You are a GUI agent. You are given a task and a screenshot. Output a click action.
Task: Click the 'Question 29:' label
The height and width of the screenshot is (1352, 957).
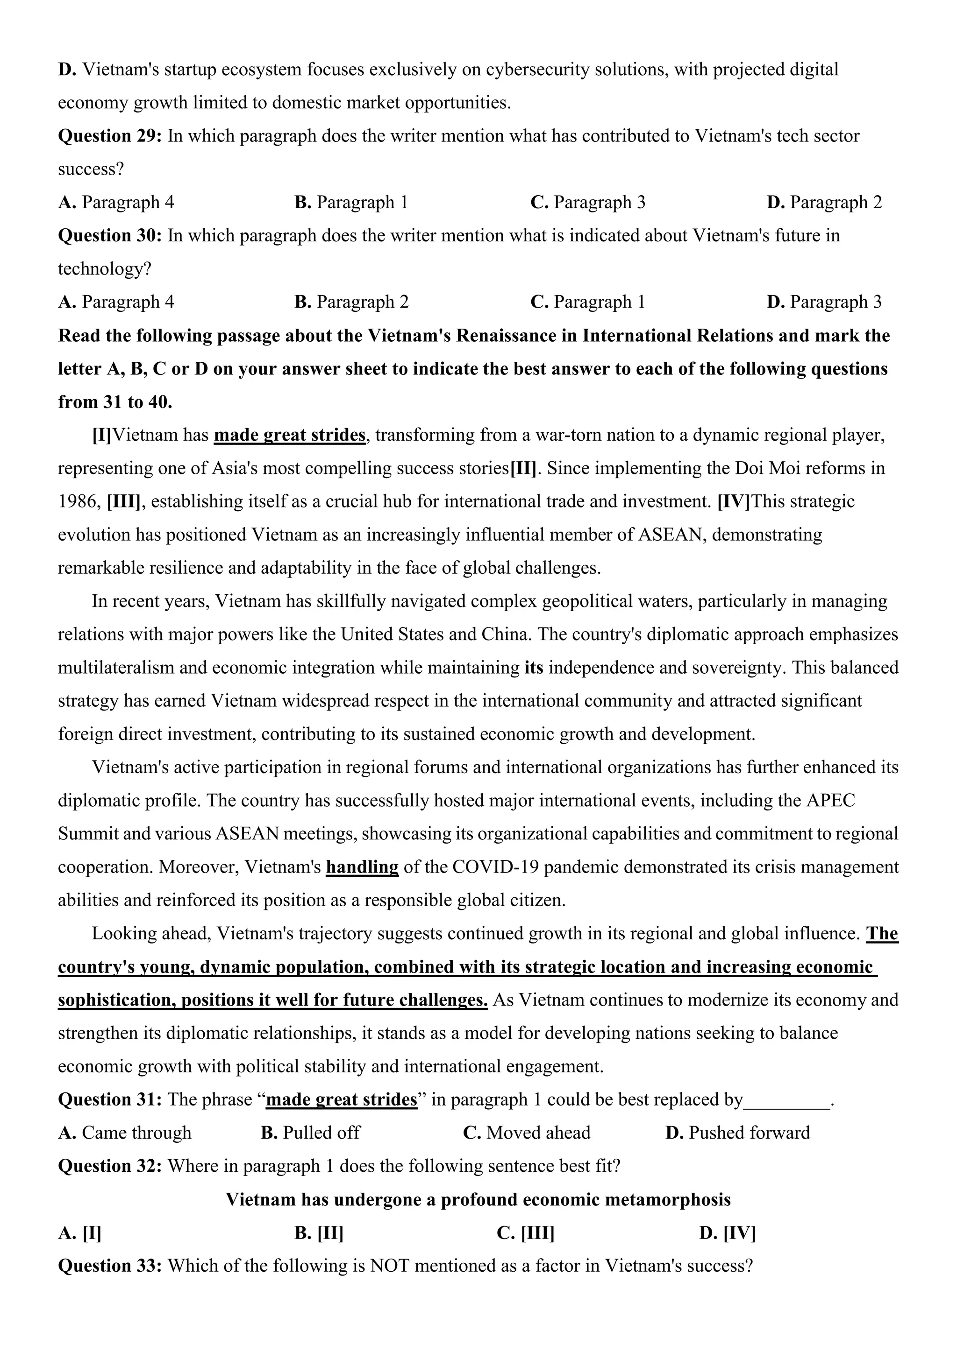click(110, 136)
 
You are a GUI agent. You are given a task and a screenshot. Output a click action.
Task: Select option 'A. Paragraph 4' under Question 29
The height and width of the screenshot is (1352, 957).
click(116, 203)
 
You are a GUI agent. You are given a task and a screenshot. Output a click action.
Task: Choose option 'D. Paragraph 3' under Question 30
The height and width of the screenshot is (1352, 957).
click(824, 302)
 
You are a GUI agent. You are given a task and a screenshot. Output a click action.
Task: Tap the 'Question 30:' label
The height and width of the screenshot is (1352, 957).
click(110, 236)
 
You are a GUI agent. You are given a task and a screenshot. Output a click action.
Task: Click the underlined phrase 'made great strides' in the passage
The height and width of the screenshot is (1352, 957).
click(289, 435)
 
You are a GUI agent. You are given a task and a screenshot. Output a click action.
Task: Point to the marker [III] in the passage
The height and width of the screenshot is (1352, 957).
click(124, 502)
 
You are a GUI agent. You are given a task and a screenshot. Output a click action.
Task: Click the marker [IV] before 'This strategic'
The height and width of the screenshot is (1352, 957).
click(734, 502)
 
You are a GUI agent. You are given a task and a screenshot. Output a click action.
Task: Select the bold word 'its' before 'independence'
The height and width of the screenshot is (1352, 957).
click(533, 668)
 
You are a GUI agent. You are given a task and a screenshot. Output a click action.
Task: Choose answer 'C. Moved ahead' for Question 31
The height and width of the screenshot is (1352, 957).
click(526, 1133)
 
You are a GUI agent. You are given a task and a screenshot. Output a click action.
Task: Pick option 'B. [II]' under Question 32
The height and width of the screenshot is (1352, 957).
click(319, 1233)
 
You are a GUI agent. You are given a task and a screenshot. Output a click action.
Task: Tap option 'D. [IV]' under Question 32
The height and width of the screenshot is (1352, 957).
click(727, 1233)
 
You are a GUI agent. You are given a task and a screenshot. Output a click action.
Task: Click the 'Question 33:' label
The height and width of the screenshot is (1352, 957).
click(110, 1266)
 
